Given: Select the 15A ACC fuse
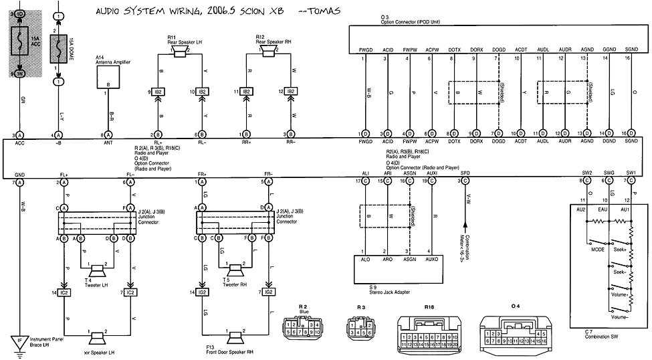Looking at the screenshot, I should pyautogui.click(x=19, y=41).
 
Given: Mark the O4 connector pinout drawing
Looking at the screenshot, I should pyautogui.click(x=515, y=331).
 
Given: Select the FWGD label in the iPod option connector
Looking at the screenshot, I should pyautogui.click(x=365, y=49).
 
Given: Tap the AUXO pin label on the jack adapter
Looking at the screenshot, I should pyautogui.click(x=431, y=258).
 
